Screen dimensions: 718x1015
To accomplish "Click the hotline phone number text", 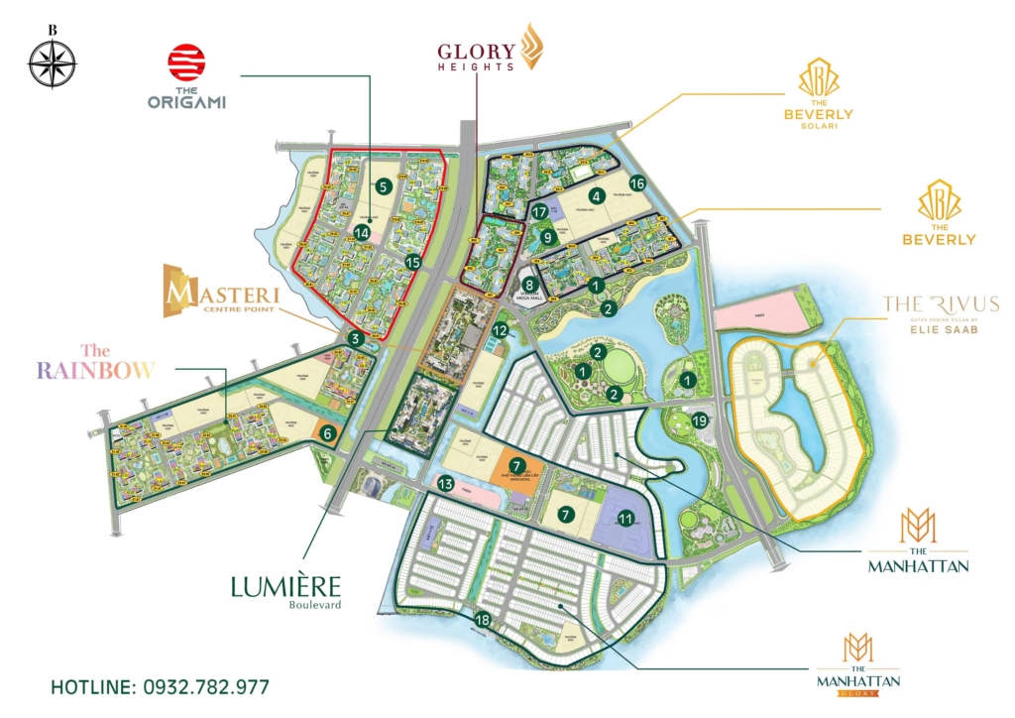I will click(x=160, y=686).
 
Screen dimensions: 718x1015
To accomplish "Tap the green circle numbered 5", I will click(x=385, y=185).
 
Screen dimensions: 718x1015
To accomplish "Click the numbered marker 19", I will click(x=702, y=419).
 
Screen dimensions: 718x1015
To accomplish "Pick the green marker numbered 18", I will click(x=483, y=620).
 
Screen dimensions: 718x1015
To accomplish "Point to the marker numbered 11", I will click(x=625, y=518).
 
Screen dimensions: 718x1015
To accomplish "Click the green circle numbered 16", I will click(x=636, y=182).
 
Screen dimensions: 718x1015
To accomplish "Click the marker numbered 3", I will click(x=356, y=339).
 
